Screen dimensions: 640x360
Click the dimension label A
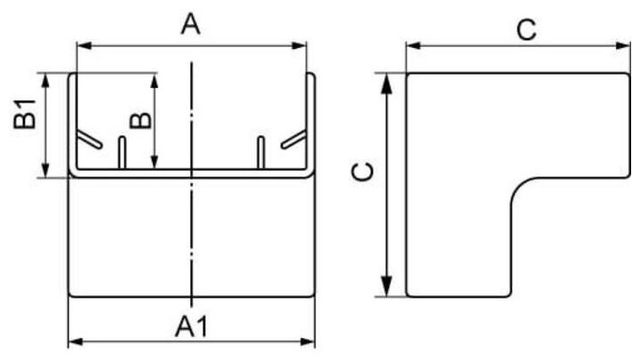190,25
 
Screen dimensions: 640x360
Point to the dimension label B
139,119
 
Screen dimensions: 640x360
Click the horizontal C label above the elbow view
527,29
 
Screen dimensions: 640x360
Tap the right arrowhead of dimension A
301,43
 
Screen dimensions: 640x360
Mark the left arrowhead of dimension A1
74,341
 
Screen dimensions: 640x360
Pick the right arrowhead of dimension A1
311,341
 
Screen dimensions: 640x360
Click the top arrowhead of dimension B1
46,78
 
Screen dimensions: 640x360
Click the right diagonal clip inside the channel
293,140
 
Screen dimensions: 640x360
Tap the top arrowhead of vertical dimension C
387,80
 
